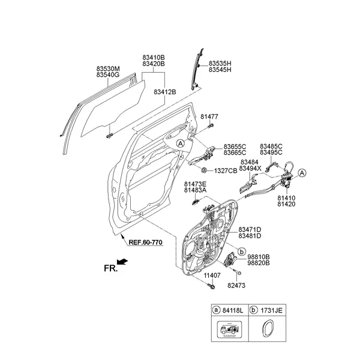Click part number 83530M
click(x=109, y=69)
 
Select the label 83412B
click(x=165, y=92)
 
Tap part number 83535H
click(x=220, y=63)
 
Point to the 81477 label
click(x=209, y=117)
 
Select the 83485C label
click(x=271, y=146)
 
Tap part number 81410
click(x=286, y=197)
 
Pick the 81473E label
click(x=196, y=184)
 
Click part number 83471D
click(x=250, y=230)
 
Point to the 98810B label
click(x=259, y=256)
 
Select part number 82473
click(x=238, y=287)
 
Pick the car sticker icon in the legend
click(x=230, y=331)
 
